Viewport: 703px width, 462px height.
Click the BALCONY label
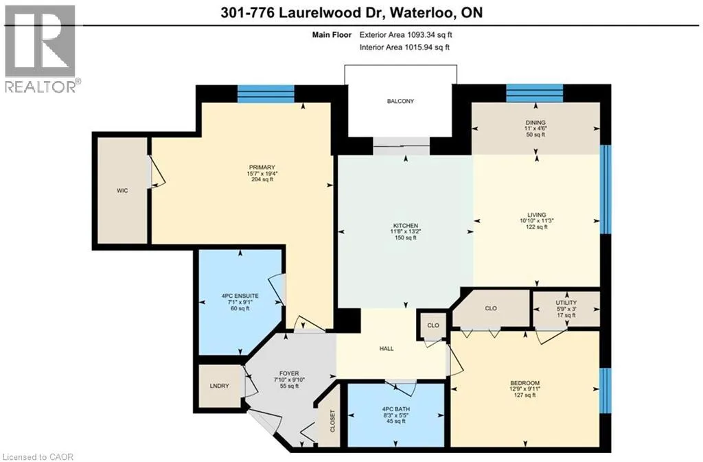coord(400,102)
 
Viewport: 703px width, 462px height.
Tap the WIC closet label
coord(122,190)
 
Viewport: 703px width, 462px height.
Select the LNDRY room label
coord(219,386)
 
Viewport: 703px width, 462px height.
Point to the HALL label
coord(387,348)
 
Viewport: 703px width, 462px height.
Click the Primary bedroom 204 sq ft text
coord(262,179)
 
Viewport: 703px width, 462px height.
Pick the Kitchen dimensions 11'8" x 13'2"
coord(405,231)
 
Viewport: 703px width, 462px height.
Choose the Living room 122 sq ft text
coord(536,227)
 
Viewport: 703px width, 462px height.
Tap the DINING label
coord(535,122)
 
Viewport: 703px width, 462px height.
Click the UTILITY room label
coord(566,303)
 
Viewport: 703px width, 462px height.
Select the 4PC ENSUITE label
coord(240,296)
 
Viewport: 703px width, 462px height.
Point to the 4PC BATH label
coord(396,409)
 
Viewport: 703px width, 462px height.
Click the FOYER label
coord(289,373)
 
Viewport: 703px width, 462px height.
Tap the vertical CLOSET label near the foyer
coord(333,421)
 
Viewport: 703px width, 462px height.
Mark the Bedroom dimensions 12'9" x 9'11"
coord(525,389)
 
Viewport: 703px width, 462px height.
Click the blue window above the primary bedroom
coord(266,93)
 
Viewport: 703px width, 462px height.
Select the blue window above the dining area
coord(534,93)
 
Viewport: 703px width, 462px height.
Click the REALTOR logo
coord(41,48)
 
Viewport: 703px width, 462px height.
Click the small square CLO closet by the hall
coord(433,325)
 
